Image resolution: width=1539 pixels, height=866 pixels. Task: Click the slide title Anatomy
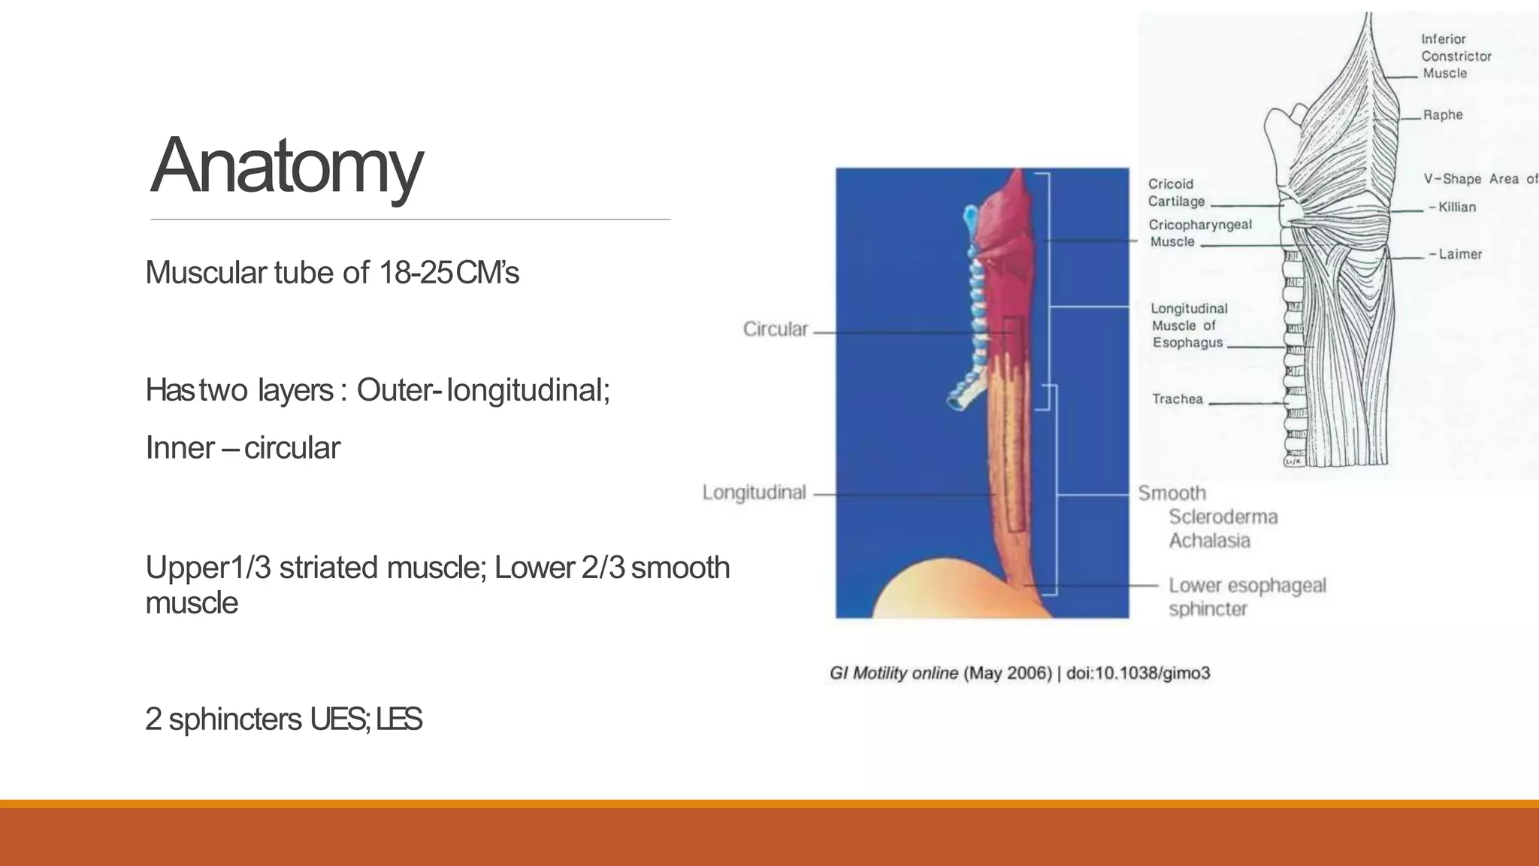(286, 166)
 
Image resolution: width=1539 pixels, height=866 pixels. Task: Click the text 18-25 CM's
(449, 273)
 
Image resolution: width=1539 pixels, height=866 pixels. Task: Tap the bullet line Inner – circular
(243, 448)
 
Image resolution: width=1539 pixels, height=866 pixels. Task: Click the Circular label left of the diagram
(775, 329)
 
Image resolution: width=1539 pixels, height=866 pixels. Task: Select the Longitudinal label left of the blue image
(754, 492)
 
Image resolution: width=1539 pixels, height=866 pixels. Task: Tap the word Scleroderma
(1223, 517)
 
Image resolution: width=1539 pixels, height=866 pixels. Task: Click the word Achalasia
(1209, 540)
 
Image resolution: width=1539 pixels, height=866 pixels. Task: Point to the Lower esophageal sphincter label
(1246, 597)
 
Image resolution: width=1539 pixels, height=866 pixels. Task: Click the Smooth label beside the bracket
(1172, 493)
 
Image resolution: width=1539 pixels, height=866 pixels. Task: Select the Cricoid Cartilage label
(1176, 192)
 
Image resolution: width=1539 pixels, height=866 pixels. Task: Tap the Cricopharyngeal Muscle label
(1199, 233)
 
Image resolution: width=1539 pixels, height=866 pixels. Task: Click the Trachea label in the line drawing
(1177, 399)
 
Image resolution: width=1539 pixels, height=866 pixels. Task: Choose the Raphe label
(1442, 115)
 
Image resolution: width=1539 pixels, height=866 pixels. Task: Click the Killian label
(1456, 207)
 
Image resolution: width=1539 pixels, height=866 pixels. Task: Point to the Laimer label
(1459, 255)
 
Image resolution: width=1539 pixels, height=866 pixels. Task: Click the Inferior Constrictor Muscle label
(1455, 56)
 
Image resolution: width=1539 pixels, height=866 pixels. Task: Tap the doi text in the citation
(1138, 674)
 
